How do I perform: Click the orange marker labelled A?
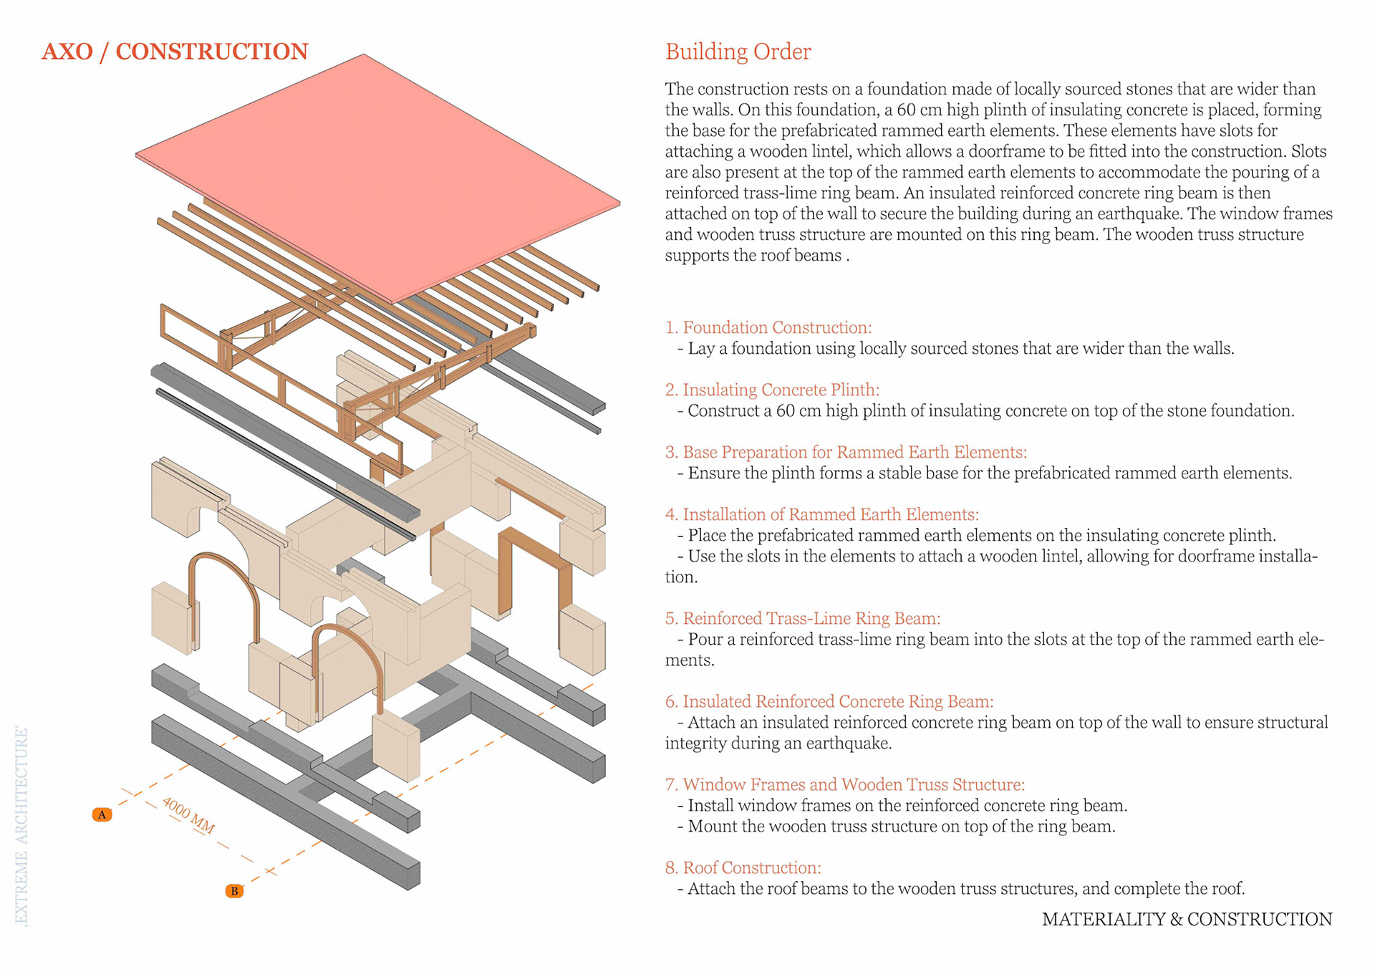(102, 814)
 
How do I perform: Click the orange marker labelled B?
(234, 891)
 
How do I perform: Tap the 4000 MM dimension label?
(188, 815)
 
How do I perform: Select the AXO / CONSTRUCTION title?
(175, 52)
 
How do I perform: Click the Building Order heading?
(738, 52)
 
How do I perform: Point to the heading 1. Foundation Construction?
(768, 327)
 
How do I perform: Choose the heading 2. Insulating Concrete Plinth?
(772, 390)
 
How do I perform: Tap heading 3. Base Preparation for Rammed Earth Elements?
(846, 452)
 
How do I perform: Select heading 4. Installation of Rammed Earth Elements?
(821, 514)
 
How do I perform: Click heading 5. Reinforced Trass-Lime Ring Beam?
(802, 618)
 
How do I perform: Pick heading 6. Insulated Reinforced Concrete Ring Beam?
(829, 701)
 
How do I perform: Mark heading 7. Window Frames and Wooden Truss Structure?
(844, 784)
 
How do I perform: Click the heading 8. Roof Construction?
(743, 867)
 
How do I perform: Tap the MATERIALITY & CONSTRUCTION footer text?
(1187, 919)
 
